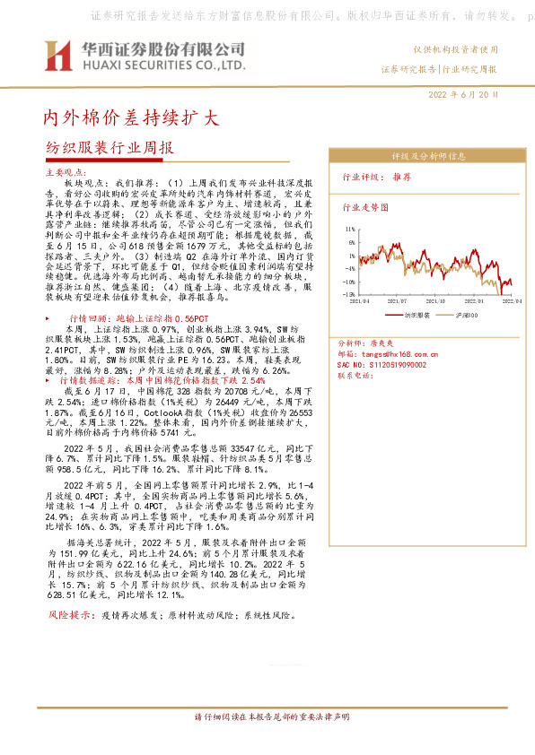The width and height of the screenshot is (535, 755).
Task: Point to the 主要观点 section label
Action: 65,170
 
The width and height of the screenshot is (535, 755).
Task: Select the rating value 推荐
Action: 403,178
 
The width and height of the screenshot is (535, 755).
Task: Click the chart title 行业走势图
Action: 363,207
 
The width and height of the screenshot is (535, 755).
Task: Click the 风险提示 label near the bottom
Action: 68,615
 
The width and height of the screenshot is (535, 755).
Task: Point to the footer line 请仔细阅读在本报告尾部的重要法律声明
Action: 267,718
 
